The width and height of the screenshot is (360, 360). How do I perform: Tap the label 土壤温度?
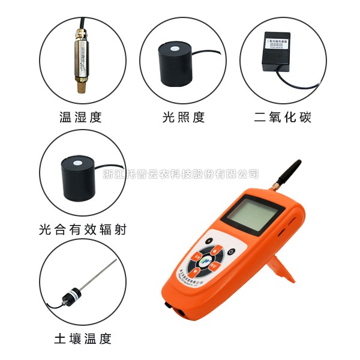[82, 339]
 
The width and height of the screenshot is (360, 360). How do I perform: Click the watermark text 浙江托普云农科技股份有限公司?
[180, 175]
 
